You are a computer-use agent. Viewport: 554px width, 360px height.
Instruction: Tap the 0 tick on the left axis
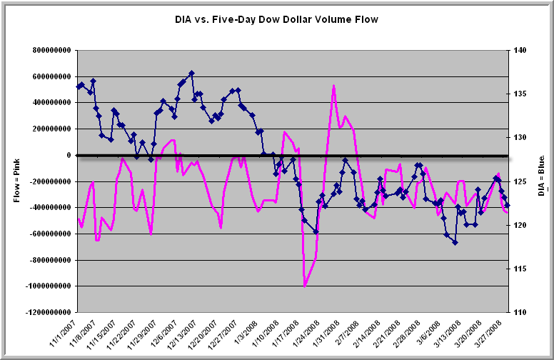coord(69,155)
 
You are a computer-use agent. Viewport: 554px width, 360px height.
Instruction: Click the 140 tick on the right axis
coord(518,51)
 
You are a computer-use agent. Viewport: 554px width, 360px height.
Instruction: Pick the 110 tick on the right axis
coord(518,312)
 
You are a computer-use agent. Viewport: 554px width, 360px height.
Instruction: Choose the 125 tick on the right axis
coord(518,181)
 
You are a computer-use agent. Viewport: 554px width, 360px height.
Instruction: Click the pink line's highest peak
coord(333,86)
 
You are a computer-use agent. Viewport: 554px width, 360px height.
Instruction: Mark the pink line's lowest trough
coord(305,286)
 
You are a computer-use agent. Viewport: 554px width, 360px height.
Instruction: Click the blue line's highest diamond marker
coord(191,73)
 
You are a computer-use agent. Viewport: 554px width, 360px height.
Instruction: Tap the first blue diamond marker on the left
coord(78,86)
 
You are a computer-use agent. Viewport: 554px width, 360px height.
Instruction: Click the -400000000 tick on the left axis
coord(49,208)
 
